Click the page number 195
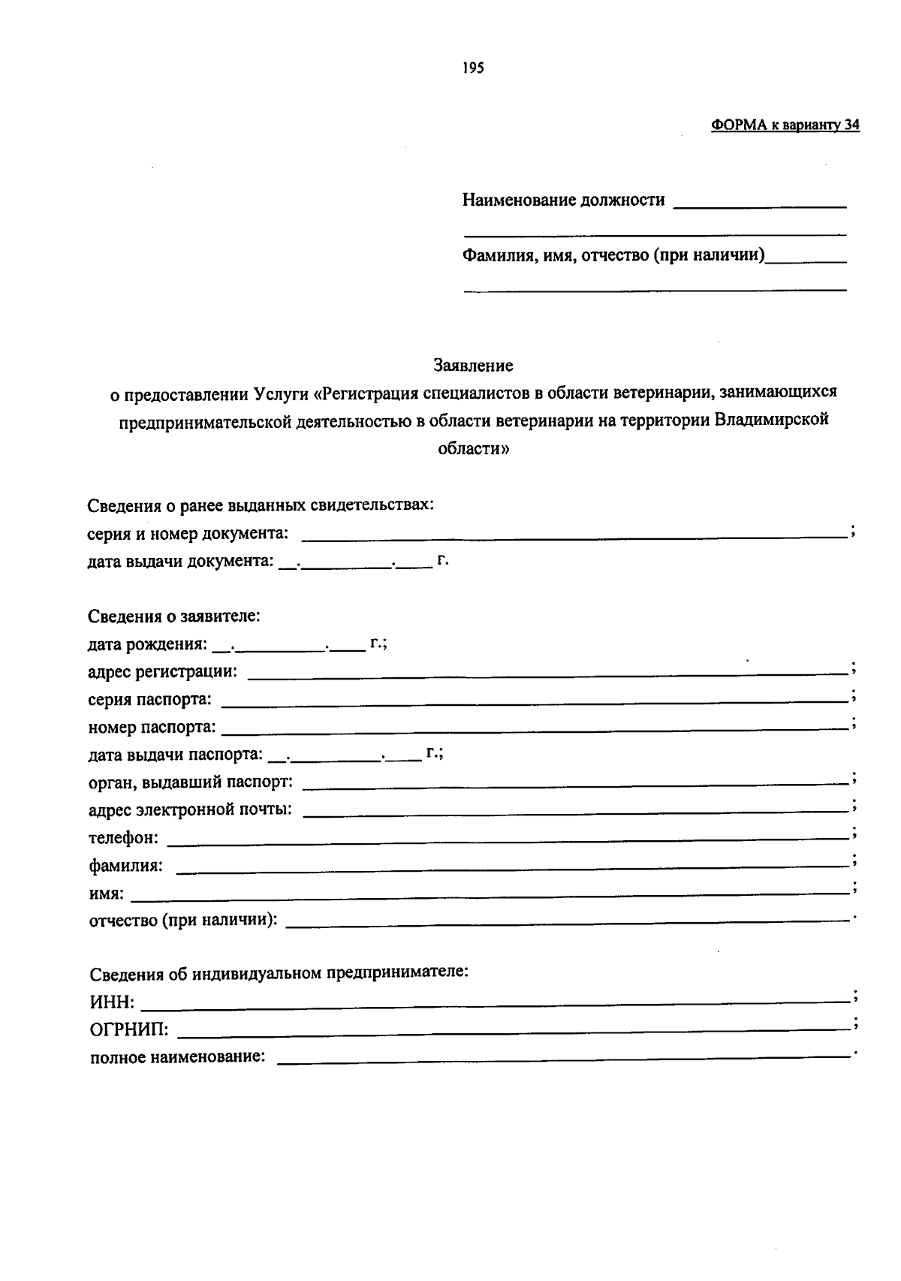474,68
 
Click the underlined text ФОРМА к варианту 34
785,125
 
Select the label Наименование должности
563,200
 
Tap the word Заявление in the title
473,366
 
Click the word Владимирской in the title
771,420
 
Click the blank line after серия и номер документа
574,536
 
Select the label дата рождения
147,644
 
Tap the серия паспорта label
149,700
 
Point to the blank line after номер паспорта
535,729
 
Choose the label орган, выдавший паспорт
191,782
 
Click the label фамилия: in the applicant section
126,866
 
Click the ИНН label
113,1002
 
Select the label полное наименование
178,1058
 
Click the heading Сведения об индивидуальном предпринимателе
279,974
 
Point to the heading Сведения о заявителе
174,616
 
